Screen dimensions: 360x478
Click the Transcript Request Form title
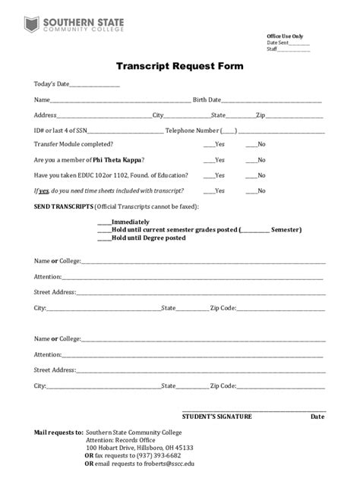179,66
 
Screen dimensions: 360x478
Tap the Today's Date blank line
94,85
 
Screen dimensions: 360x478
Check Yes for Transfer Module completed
208,144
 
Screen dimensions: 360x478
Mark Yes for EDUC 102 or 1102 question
208,175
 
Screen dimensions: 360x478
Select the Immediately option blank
104,222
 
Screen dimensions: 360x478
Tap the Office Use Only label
285,36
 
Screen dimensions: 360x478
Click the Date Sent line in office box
298,42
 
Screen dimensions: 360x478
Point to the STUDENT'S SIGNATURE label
217,417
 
